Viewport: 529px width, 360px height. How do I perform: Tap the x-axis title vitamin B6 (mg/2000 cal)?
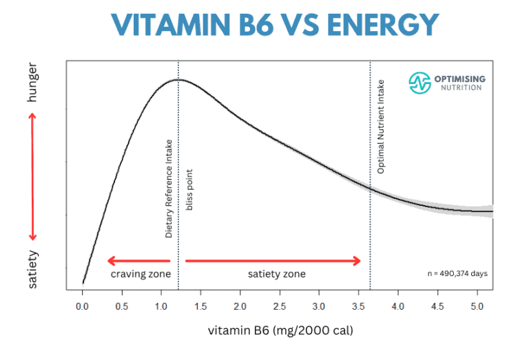(x=280, y=330)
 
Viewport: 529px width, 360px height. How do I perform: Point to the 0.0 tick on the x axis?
(x=83, y=304)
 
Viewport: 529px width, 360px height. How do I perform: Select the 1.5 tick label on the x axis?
(x=200, y=304)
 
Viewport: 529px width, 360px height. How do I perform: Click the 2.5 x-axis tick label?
(x=279, y=304)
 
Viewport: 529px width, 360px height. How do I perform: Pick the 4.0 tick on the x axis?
(x=397, y=304)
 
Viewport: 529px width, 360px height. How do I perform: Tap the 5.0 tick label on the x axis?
(x=475, y=304)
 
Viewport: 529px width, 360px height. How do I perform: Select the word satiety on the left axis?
(x=32, y=269)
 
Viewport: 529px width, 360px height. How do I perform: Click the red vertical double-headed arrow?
(x=32, y=176)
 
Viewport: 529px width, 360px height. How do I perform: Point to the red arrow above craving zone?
(x=138, y=261)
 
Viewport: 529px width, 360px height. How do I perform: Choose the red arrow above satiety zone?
(x=273, y=261)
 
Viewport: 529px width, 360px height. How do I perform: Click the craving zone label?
(x=141, y=274)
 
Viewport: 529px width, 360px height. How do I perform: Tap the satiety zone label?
(x=276, y=274)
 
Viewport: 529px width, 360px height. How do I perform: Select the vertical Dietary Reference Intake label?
(x=169, y=188)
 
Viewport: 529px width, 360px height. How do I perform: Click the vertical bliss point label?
(x=190, y=188)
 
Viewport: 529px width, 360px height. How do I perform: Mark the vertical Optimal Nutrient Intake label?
(x=381, y=126)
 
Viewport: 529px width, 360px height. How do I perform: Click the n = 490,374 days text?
(x=457, y=273)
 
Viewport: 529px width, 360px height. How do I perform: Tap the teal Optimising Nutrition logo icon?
(x=419, y=83)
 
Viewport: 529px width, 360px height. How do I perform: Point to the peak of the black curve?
(x=178, y=80)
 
